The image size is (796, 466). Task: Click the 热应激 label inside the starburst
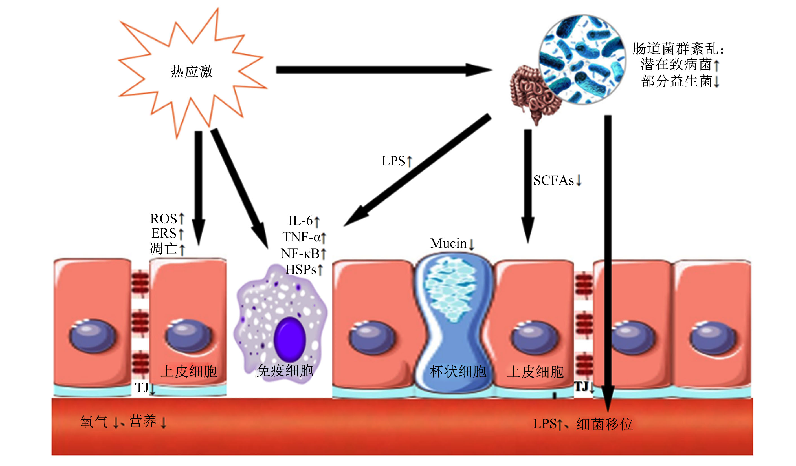(x=192, y=72)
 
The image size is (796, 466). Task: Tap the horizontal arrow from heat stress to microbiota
(x=384, y=70)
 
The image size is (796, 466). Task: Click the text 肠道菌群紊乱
(x=675, y=49)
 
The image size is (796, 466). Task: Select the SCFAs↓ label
(x=557, y=181)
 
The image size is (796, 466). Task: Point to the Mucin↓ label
(x=452, y=244)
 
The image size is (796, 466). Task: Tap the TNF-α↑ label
(x=304, y=237)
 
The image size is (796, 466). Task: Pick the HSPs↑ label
(x=304, y=269)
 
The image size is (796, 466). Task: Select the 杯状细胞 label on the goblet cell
(x=458, y=371)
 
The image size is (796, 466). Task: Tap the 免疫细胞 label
(x=285, y=370)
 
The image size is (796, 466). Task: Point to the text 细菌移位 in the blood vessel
(x=604, y=424)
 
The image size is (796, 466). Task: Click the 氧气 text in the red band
(x=94, y=422)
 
